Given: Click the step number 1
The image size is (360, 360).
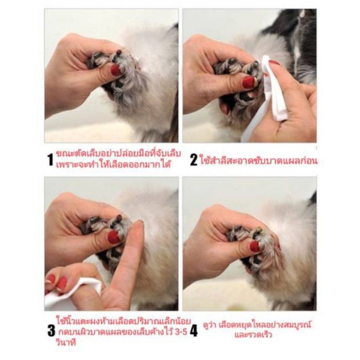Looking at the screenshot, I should tap(51, 159).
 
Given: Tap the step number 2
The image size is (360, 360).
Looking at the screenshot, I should tap(193, 159).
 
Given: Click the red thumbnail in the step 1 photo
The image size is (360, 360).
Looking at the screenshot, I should tap(116, 70).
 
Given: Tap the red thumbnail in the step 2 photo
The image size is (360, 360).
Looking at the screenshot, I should tap(248, 82).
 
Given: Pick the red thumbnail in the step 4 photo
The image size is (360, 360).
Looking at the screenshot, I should tap(255, 246).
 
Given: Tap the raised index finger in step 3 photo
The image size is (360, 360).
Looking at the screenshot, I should tap(130, 261).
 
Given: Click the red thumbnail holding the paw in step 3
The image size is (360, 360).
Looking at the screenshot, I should tap(114, 237).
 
